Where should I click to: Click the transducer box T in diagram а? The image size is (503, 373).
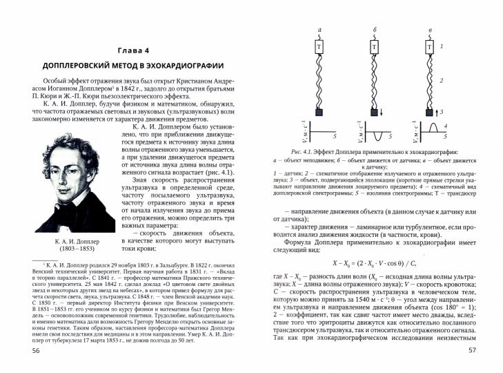(319, 48)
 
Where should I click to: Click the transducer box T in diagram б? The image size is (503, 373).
(373, 48)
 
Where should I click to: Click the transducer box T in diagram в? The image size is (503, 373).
(427, 48)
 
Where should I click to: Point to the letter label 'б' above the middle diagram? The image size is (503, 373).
(374, 30)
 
